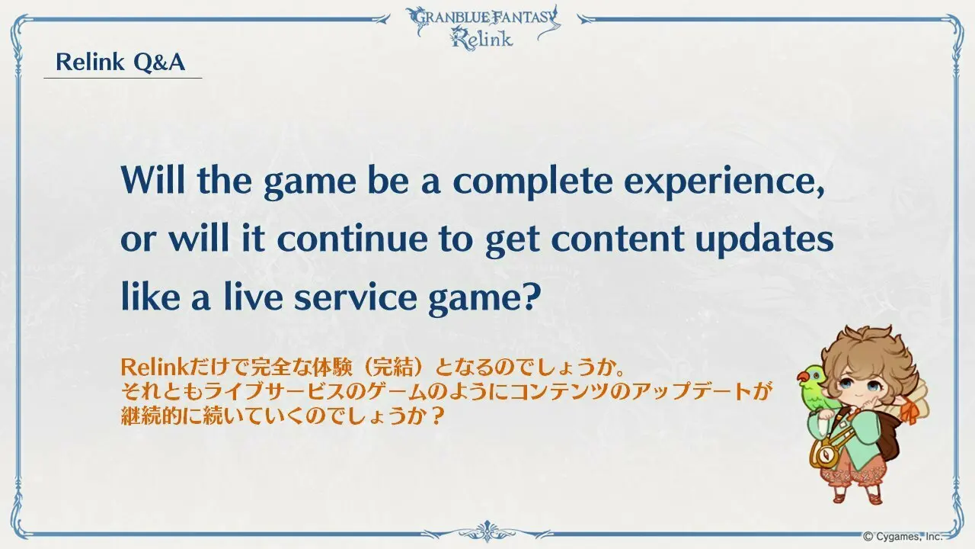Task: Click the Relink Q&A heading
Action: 120,62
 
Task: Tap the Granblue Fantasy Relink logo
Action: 483,27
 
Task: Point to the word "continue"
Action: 352,239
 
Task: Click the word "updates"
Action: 764,239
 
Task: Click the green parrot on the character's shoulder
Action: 816,387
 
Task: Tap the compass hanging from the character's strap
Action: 823,454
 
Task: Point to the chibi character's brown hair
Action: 871,353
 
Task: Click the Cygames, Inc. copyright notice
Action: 903,536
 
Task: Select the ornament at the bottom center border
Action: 487,532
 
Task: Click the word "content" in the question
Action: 617,239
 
